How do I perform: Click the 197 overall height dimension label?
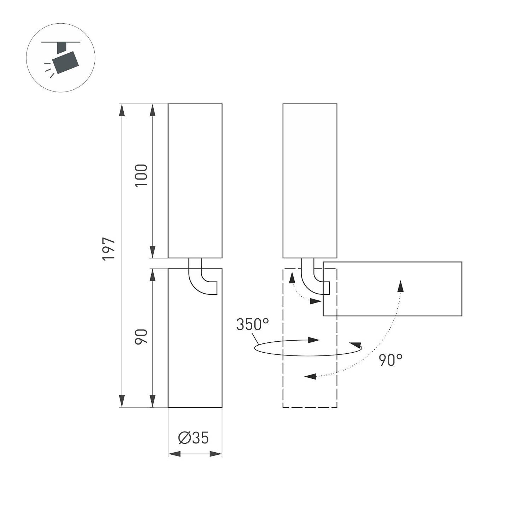(109, 249)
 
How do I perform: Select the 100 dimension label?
(141, 176)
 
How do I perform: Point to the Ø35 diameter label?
(194, 438)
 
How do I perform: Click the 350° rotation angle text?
(252, 325)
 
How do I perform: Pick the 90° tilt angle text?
(391, 360)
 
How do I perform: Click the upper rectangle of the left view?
(195, 181)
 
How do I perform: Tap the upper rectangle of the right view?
(310, 181)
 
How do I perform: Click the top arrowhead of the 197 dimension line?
(122, 110)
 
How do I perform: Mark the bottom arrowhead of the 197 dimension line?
(122, 401)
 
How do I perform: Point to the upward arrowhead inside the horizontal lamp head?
(400, 286)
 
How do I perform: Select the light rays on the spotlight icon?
(49, 70)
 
